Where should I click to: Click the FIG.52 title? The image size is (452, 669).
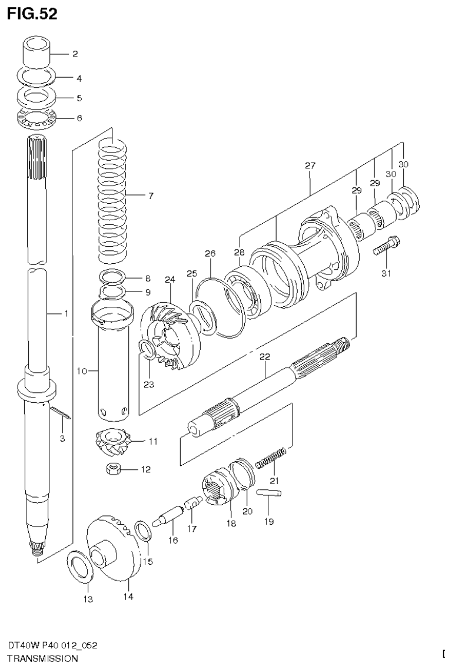32,14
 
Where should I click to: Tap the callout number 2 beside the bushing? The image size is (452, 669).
75,54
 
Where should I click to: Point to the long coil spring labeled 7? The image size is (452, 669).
112,197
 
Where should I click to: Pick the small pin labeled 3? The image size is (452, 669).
61,414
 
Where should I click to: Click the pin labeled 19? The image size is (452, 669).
270,494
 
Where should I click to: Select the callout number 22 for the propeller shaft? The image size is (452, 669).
264,356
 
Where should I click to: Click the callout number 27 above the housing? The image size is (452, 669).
310,165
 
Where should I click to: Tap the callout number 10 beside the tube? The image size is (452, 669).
82,371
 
